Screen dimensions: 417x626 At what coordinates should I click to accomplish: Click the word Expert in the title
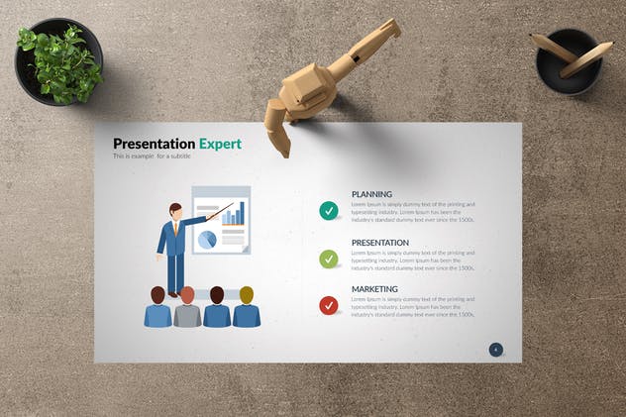(x=220, y=144)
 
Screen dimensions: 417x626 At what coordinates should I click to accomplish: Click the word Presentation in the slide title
(x=154, y=144)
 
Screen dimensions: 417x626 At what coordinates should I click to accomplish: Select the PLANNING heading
(x=371, y=194)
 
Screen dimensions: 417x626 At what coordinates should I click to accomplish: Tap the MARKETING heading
(x=374, y=289)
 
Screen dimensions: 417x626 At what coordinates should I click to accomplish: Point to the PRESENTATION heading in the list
(x=380, y=243)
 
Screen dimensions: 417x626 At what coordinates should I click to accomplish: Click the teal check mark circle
(x=329, y=210)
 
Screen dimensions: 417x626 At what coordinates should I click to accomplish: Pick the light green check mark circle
(x=329, y=259)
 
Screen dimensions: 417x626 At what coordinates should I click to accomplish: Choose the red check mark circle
(x=329, y=305)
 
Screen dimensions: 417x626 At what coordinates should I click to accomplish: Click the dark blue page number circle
(x=496, y=349)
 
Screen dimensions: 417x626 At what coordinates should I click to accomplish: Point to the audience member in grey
(x=187, y=308)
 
